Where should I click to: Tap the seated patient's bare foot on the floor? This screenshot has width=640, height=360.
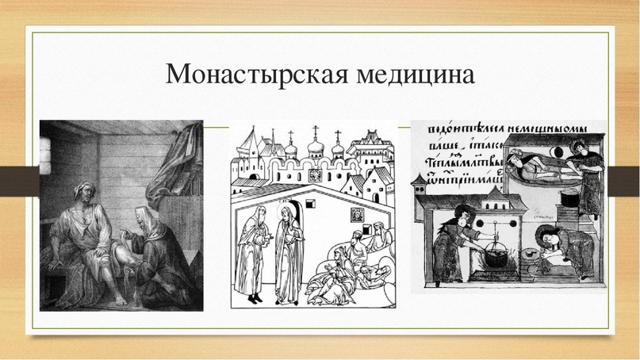118,297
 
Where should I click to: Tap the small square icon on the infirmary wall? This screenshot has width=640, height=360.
357,215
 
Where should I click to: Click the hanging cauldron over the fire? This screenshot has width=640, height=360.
496,257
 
